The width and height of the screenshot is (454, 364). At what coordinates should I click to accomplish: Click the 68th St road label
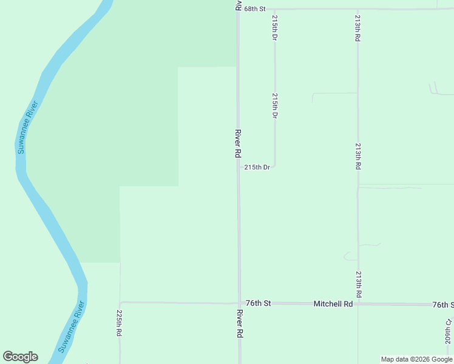(x=255, y=9)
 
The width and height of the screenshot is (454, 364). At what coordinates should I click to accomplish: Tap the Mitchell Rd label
(x=333, y=303)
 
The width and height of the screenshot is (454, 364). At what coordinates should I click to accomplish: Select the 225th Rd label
(x=119, y=325)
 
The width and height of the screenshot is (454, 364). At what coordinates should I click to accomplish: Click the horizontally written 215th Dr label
(x=257, y=167)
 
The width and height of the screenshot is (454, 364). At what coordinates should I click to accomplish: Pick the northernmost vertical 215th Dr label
(x=275, y=28)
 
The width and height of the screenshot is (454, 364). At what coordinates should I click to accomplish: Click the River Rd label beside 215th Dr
(x=238, y=144)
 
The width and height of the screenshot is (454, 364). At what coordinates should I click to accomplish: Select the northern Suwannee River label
(x=29, y=127)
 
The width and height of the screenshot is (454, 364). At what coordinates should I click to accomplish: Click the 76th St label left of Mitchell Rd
(x=258, y=303)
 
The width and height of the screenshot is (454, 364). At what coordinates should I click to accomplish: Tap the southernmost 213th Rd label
(x=359, y=284)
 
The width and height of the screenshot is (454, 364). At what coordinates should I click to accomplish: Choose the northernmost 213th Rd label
(x=358, y=28)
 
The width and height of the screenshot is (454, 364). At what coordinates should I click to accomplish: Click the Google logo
(x=20, y=357)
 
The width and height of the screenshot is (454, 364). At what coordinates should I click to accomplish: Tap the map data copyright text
(x=416, y=359)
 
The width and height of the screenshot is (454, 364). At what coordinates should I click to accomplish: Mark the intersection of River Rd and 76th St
(x=239, y=303)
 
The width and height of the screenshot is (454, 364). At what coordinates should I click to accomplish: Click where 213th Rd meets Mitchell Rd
(x=358, y=304)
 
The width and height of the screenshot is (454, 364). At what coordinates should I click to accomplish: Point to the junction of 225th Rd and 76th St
(x=120, y=302)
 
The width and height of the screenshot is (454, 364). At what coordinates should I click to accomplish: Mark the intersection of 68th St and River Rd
(x=238, y=9)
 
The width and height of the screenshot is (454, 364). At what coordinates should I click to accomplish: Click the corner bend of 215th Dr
(x=275, y=166)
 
